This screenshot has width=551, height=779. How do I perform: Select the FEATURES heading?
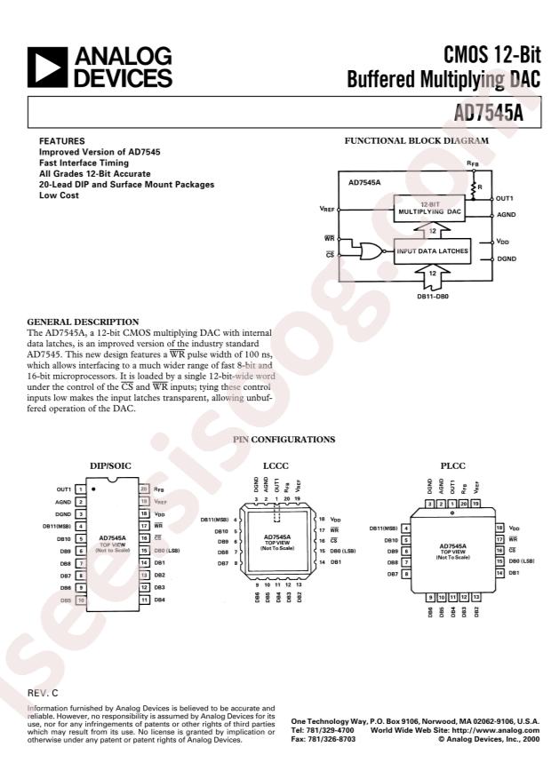(61, 141)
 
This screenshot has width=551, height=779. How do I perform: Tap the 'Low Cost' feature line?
(59, 195)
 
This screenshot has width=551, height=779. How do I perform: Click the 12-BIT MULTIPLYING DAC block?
(429, 211)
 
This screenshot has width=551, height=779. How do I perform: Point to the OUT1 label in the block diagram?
(507, 199)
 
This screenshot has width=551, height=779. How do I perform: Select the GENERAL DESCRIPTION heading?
(83, 322)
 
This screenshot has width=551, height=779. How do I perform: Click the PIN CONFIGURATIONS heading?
(283, 440)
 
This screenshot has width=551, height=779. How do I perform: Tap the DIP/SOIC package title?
(111, 465)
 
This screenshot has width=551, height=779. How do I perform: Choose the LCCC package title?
(275, 465)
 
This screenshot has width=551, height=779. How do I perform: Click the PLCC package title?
(451, 465)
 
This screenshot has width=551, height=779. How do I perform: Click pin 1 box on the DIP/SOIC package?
(80, 489)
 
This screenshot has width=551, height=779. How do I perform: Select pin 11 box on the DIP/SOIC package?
(144, 600)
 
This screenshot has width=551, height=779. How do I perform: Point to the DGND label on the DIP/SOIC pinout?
(63, 513)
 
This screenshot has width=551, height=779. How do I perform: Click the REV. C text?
(43, 691)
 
